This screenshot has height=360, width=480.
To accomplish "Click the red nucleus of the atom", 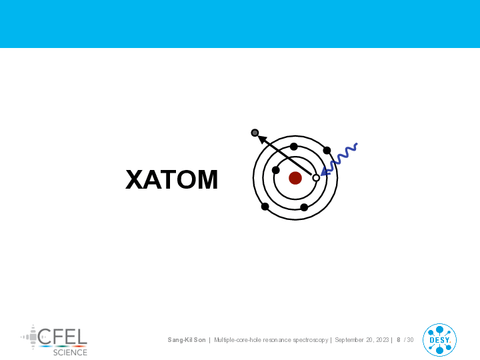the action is [x=295, y=178].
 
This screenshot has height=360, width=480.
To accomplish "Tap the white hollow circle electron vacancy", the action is [x=316, y=178].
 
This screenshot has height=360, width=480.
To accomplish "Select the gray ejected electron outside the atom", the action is [x=255, y=133].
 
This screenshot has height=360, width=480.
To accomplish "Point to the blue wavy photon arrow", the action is [x=338, y=159].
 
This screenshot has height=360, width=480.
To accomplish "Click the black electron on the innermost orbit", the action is [x=276, y=170].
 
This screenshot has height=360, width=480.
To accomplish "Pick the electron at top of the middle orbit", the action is [x=294, y=147].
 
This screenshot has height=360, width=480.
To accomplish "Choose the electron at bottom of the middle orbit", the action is [x=304, y=207].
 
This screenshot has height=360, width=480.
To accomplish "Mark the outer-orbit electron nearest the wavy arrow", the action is [x=327, y=150].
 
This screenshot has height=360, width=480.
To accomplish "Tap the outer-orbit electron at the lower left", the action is [x=265, y=207].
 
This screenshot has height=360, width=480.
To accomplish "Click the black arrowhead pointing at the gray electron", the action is [x=262, y=139].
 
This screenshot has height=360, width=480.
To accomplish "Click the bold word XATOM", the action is [x=172, y=180].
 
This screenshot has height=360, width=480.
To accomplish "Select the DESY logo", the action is [x=439, y=340].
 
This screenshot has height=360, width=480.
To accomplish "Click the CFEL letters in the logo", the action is [x=63, y=337].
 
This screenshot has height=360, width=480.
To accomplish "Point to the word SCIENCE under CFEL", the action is [x=70, y=353].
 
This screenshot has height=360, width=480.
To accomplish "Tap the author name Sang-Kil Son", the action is [x=187, y=340].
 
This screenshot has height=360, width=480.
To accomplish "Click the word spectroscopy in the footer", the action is [x=311, y=340].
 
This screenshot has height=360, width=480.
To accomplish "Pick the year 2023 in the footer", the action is [x=383, y=340].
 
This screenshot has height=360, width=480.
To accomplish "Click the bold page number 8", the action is [x=399, y=340].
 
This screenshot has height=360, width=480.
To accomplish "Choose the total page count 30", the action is [x=410, y=340].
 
